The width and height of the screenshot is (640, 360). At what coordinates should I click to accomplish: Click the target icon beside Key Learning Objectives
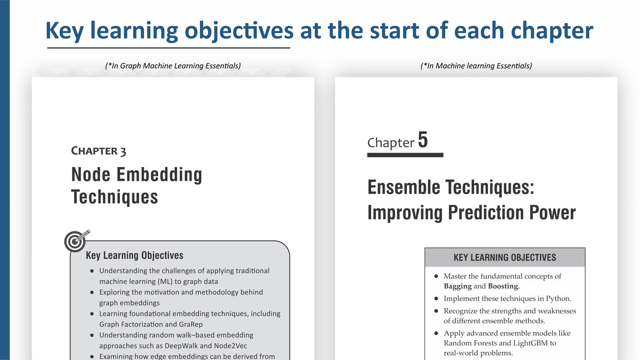pyautogui.click(x=76, y=241)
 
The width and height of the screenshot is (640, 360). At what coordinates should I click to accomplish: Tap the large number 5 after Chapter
pyautogui.click(x=423, y=140)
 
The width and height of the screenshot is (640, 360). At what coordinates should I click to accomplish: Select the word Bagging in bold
pyautogui.click(x=458, y=286)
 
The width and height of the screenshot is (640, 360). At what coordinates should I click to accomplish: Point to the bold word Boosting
pyautogui.click(x=503, y=286)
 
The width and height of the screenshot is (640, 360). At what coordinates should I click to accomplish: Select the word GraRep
pyautogui.click(x=190, y=324)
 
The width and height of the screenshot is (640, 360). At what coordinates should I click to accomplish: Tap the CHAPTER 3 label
pyautogui.click(x=98, y=151)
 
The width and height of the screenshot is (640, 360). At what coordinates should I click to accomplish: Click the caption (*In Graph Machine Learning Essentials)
pyautogui.click(x=173, y=66)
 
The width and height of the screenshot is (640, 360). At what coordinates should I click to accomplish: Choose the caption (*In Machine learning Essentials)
pyautogui.click(x=476, y=66)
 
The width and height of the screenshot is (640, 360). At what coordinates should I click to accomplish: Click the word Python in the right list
pyautogui.click(x=558, y=299)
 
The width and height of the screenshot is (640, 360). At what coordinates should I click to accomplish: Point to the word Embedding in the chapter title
pyautogui.click(x=159, y=174)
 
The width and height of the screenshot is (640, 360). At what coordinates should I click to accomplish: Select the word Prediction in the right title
pyautogui.click(x=486, y=213)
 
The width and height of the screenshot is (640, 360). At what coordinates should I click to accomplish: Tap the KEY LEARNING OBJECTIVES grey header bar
pyautogui.click(x=505, y=257)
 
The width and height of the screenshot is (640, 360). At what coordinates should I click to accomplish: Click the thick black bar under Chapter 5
pyautogui.click(x=405, y=155)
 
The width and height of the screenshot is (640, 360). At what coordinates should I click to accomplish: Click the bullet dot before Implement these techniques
pyautogui.click(x=436, y=299)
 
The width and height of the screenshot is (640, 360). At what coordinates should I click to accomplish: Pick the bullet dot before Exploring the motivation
pyautogui.click(x=92, y=292)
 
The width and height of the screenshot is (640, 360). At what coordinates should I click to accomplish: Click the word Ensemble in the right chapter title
pyautogui.click(x=404, y=187)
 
